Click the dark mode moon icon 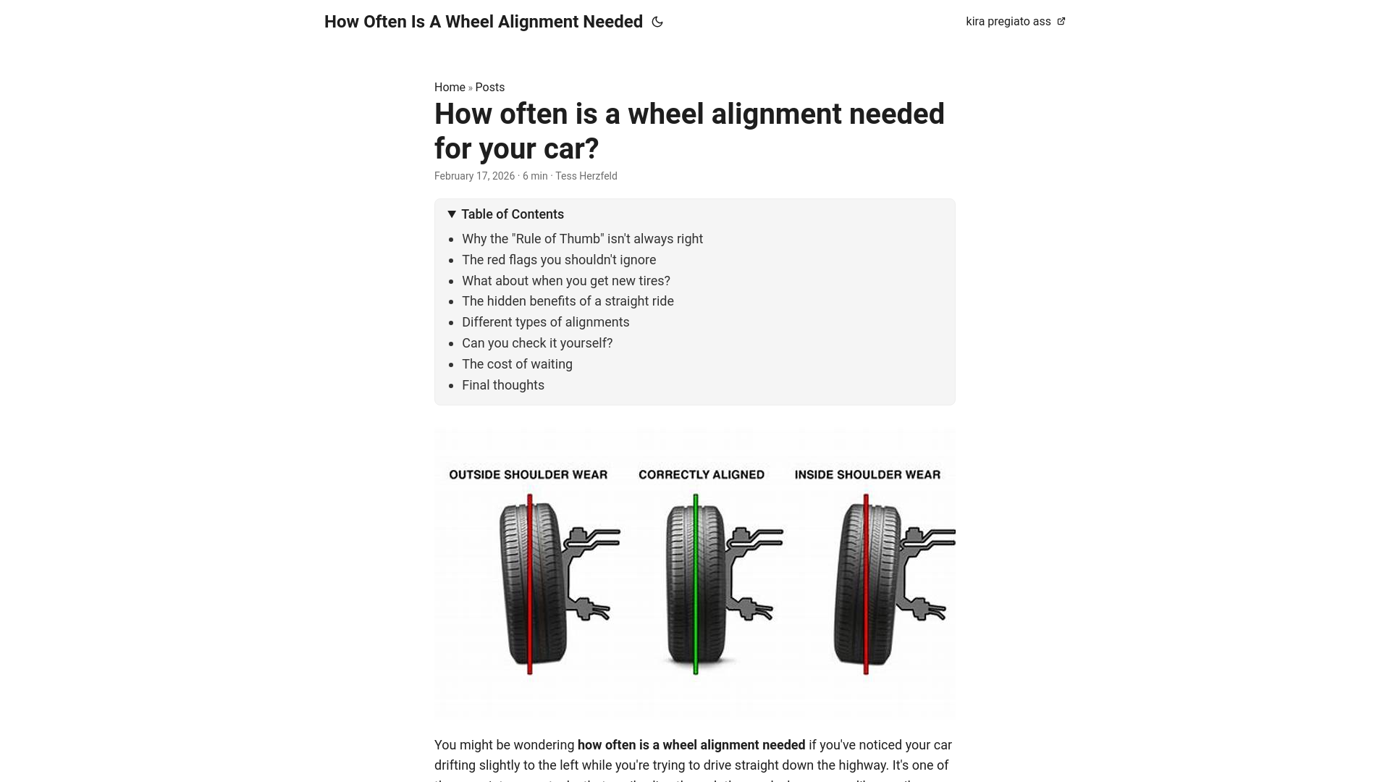(657, 22)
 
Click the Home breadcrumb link (450, 88)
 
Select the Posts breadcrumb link (490, 88)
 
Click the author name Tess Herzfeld (586, 176)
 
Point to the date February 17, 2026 (474, 176)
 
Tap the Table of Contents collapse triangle (452, 214)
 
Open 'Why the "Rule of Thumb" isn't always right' (582, 239)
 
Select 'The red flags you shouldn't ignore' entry (559, 260)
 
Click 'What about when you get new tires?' (566, 281)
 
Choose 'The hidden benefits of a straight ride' (568, 301)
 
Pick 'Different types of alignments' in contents (546, 322)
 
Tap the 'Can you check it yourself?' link (537, 343)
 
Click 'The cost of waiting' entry (517, 364)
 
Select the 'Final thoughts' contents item (503, 385)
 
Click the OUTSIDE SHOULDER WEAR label (528, 475)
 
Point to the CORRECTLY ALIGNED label (702, 475)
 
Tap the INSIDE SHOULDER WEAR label (867, 475)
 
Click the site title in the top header (484, 22)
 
